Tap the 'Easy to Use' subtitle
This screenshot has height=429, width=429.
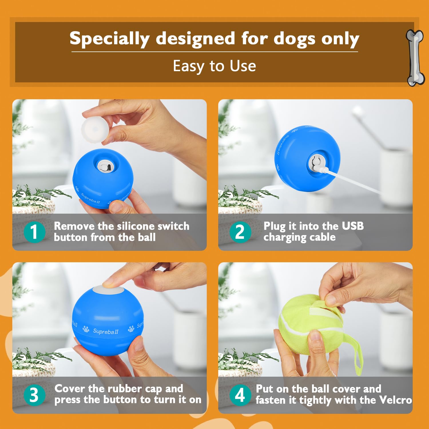pyautogui.click(x=214, y=66)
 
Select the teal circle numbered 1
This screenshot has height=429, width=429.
pyautogui.click(x=34, y=232)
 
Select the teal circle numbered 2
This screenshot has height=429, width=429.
pyautogui.click(x=240, y=232)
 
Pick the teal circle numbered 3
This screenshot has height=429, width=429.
pyautogui.click(x=34, y=395)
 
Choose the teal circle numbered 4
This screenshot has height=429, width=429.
pyautogui.click(x=240, y=395)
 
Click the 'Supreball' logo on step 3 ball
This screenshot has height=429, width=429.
pyautogui.click(x=106, y=331)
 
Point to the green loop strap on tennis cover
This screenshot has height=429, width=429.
pyautogui.click(x=356, y=355)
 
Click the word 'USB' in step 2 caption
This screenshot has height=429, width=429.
pyautogui.click(x=353, y=226)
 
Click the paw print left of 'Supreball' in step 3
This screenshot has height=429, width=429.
pyautogui.click(x=86, y=329)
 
